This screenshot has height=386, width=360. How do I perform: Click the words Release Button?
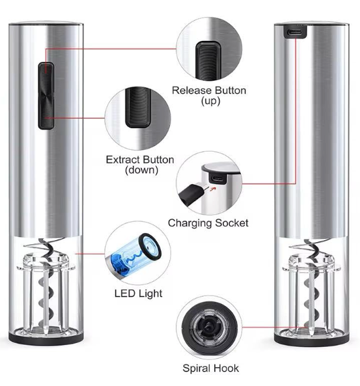click(x=209, y=90)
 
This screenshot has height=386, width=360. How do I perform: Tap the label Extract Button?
click(x=140, y=159)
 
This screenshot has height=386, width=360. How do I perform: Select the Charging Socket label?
click(x=208, y=223)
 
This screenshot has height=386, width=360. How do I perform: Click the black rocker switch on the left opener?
click(x=46, y=93)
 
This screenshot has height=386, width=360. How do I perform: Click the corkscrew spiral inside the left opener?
click(x=47, y=286)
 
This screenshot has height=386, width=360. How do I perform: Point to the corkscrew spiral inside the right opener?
click(x=307, y=286)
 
